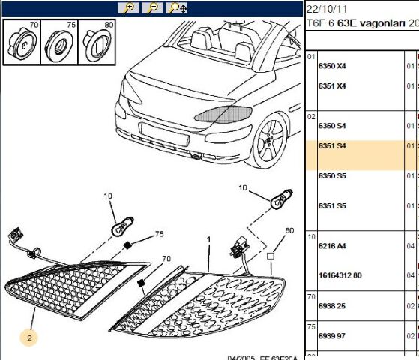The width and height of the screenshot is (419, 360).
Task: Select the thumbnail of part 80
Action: tap(97, 42)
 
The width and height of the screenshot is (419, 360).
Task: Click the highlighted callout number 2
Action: tap(29, 338)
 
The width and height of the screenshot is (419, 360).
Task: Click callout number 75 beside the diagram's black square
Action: tap(158, 234)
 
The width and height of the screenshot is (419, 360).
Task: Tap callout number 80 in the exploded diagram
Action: tap(289, 230)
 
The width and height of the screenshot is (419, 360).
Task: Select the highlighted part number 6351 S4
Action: tap(332, 145)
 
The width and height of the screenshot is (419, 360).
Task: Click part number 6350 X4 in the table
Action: tap(332, 66)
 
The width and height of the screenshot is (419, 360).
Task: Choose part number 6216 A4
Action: tap(332, 245)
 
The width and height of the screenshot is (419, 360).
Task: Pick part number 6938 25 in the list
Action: tap(332, 305)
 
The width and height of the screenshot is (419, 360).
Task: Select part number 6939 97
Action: tap(332, 335)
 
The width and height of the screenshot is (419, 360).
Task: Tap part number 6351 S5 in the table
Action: tap(332, 205)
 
